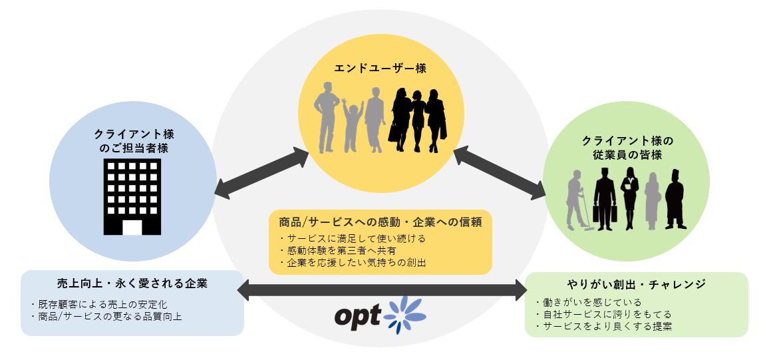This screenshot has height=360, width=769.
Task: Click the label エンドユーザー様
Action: pos(380,69)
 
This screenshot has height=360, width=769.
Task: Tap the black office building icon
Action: pos(132,197)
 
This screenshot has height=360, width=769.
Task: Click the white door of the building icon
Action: pos(132,227)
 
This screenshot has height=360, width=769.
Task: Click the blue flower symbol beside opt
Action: pos(404,314)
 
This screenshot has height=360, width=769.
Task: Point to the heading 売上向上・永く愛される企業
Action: pos(132,283)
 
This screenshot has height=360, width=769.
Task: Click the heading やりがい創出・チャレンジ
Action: pos(636,284)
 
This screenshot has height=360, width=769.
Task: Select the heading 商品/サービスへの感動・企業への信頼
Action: pos(380,222)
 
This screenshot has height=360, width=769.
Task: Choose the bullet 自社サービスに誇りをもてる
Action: pos(603,314)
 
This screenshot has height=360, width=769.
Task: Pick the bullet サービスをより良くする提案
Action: pos(603,326)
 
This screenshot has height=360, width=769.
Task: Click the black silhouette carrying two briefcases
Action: pos(605,197)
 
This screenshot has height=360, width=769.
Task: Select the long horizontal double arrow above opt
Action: pos(382,290)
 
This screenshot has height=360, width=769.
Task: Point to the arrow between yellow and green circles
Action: pos(500,174)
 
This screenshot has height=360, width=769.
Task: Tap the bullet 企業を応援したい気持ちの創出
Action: pos(352,262)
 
